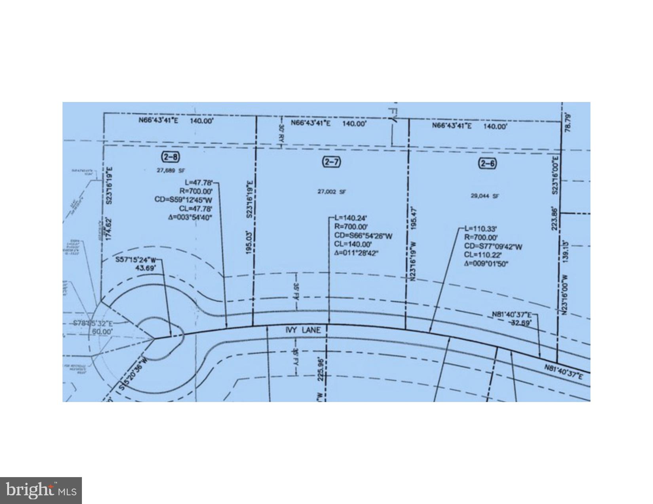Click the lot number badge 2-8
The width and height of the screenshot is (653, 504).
click(x=170, y=157)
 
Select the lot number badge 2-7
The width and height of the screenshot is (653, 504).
click(x=332, y=162)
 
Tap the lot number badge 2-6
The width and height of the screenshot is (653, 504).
click(x=488, y=163)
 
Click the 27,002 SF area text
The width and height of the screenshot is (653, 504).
click(x=332, y=192)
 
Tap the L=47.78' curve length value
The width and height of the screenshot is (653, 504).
click(x=199, y=183)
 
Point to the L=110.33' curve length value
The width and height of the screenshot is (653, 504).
click(x=480, y=228)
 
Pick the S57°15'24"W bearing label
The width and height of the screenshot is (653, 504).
click(x=136, y=260)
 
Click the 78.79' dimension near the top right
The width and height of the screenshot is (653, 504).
click(x=568, y=123)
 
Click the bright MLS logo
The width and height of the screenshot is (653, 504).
click(x=41, y=491)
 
